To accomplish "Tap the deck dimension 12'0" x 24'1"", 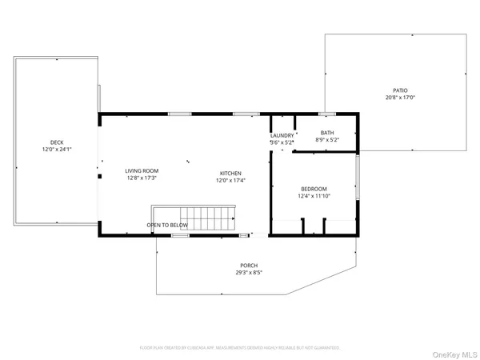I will [x=55, y=150].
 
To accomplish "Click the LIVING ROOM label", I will [x=141, y=170].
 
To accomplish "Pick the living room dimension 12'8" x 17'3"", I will [x=141, y=178].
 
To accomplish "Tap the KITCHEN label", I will [x=231, y=174].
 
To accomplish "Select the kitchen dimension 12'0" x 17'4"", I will [x=231, y=181].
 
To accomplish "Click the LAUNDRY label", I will [x=282, y=135].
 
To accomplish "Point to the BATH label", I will [x=327, y=133].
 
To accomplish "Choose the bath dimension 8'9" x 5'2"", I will [x=327, y=140].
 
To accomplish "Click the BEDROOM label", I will [x=313, y=189].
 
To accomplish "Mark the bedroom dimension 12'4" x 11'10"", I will [x=313, y=196].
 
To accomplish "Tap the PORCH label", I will [x=249, y=266].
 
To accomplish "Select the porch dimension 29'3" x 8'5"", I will [x=249, y=273].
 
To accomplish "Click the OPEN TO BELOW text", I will [x=167, y=226].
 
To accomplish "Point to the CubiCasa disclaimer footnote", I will [x=240, y=348].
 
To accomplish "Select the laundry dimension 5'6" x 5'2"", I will [x=282, y=142].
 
